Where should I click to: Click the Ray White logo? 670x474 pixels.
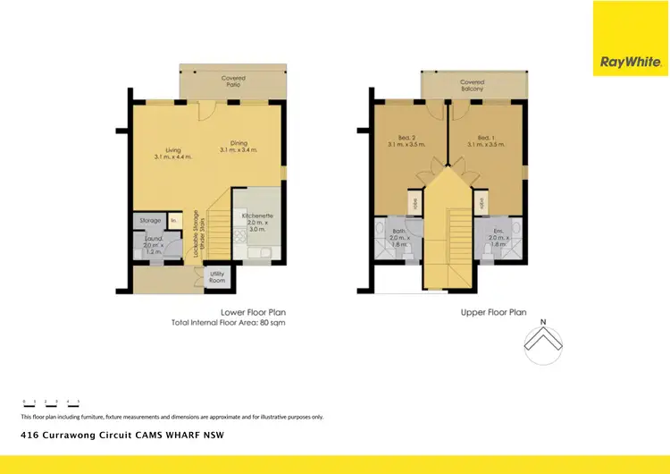[x=631, y=62]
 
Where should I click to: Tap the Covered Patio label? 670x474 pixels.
[x=234, y=81]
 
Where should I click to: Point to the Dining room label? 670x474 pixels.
[x=239, y=142]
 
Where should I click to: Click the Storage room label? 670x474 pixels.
[x=150, y=220]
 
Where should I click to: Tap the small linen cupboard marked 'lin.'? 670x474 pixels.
[x=174, y=220]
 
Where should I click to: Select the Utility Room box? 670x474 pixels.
[x=217, y=278]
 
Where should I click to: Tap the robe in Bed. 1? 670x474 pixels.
[x=482, y=202]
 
